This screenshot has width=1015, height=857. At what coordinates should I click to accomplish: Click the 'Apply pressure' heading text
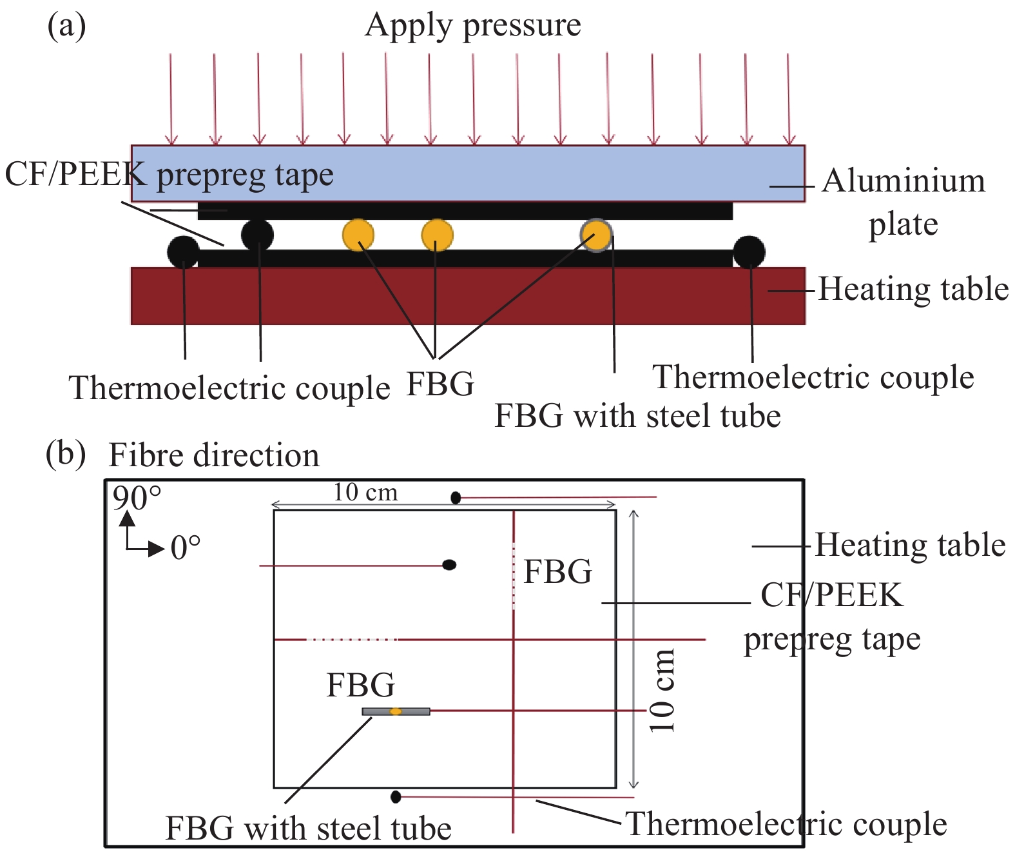(472, 26)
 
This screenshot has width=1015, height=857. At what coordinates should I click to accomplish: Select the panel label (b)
(65, 453)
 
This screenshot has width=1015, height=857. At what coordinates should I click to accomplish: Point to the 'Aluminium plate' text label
(904, 201)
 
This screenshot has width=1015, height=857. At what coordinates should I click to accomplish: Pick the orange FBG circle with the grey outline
(596, 235)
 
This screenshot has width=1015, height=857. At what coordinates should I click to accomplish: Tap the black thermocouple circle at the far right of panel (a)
(749, 252)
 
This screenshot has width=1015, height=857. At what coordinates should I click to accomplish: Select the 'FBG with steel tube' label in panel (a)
(637, 416)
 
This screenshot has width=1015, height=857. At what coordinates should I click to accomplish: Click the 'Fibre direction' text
(214, 455)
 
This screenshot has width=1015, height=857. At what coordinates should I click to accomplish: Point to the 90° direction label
(137, 498)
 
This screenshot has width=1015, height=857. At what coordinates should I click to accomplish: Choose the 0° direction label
(186, 548)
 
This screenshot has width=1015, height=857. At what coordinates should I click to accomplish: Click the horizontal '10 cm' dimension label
(365, 493)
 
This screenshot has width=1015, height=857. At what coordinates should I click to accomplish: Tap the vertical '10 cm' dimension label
(662, 691)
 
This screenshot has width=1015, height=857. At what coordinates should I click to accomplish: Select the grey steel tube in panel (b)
(396, 711)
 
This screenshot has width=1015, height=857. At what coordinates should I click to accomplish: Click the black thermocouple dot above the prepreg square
(456, 497)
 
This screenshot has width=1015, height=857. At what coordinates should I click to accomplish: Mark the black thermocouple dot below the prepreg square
(396, 797)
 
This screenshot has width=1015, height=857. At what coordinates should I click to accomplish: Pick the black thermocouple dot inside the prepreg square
(449, 565)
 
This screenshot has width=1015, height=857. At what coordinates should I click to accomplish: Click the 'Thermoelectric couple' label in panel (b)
(786, 824)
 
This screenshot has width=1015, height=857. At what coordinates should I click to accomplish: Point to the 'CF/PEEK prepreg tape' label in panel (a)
(169, 174)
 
